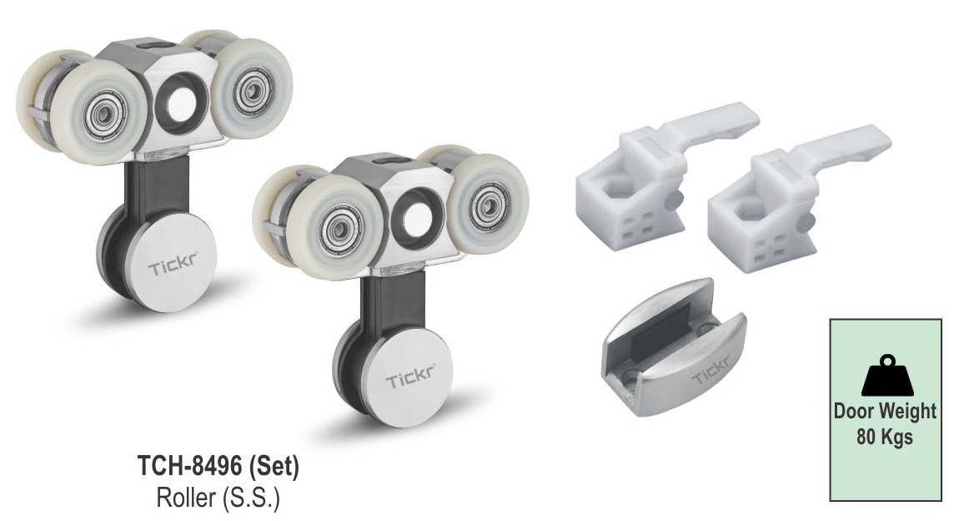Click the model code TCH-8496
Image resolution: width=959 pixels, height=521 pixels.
tap(191, 467)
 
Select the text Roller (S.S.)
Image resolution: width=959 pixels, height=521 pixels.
tap(218, 497)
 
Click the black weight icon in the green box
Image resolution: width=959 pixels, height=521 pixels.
tap(886, 375)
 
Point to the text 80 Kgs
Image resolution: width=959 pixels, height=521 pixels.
tap(885, 438)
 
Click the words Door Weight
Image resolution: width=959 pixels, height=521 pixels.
tap(885, 411)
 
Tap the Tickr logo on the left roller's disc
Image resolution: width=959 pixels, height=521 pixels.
tap(173, 266)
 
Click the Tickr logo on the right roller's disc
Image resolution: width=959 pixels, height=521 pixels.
tap(410, 376)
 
